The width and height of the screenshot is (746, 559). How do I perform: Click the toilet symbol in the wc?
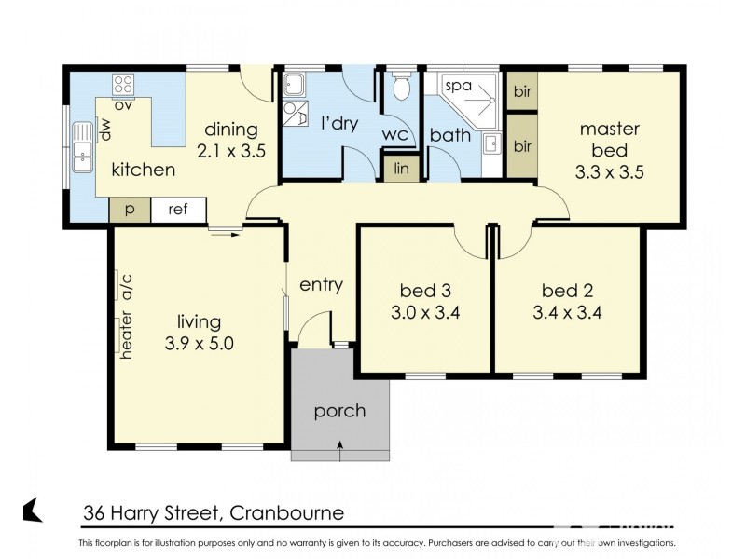pyautogui.click(x=402, y=88)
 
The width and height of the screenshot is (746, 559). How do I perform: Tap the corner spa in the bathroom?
pyautogui.click(x=466, y=93)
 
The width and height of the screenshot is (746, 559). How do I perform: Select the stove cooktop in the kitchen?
pyautogui.click(x=124, y=86)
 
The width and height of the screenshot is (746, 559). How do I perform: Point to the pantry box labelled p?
pyautogui.click(x=130, y=210)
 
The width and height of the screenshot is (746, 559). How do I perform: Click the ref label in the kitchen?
pyautogui.click(x=178, y=210)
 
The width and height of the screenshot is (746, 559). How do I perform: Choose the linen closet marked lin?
pyautogui.click(x=402, y=169)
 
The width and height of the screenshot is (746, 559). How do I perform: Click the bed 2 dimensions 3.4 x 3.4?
pyautogui.click(x=568, y=312)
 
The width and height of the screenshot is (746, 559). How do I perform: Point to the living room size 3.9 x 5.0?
pyautogui.click(x=198, y=343)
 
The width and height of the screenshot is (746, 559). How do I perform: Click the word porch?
pyautogui.click(x=339, y=411)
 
